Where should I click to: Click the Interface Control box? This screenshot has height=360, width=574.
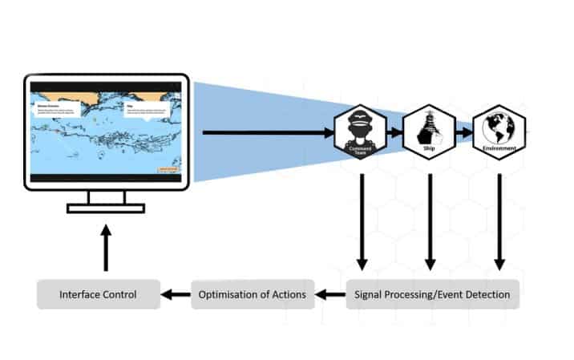98,295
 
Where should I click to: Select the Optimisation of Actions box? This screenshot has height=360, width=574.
252,295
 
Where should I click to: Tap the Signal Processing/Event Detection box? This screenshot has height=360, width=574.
433,295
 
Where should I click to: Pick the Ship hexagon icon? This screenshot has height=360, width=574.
430,131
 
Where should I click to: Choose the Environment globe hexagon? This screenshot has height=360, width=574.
499,131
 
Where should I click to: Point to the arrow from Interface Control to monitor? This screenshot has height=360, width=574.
107,247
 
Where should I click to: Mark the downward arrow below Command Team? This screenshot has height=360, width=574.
362,221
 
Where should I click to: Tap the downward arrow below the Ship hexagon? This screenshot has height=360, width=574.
430,221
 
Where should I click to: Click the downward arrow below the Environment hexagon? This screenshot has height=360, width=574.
499,221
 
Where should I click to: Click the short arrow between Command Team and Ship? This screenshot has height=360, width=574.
396,130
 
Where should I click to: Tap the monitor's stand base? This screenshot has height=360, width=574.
106,208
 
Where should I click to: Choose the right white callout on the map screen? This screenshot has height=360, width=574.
148,108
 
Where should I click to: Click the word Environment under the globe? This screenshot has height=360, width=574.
499,149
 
